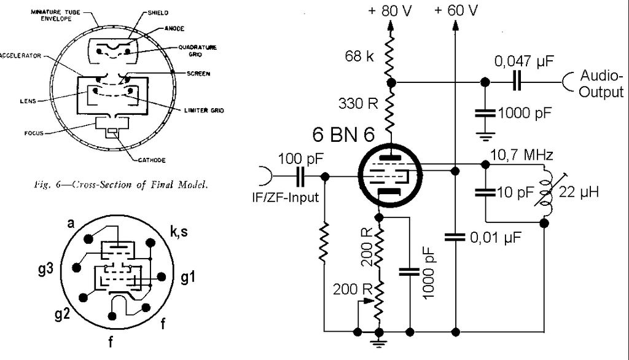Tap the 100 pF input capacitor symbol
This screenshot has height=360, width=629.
coord(300,177)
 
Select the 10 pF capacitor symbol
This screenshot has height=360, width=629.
coord(485,192)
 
